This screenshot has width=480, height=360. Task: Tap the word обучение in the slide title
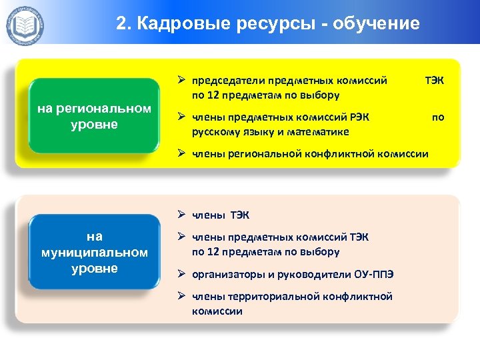click(379, 24)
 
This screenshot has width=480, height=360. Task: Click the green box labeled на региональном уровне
click(94, 117)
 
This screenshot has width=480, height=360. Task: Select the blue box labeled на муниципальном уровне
click(94, 252)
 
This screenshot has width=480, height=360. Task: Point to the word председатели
click(224, 81)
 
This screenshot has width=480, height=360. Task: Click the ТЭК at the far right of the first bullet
click(434, 81)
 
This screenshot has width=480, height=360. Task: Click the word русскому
click(215, 131)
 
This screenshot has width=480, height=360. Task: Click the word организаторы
click(225, 274)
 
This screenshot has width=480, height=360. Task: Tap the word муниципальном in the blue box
click(94, 253)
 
